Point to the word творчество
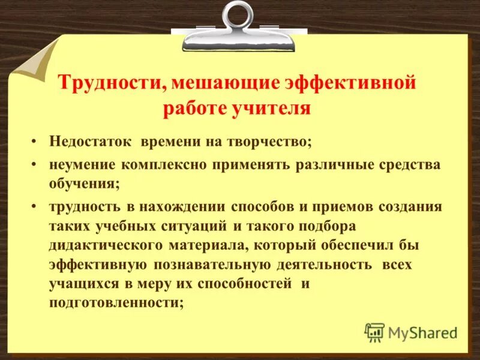coord(269,142)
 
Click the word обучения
coord(84,185)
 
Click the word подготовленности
coord(116,303)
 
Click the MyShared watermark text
coord(422,332)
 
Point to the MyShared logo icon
coord(374,332)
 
